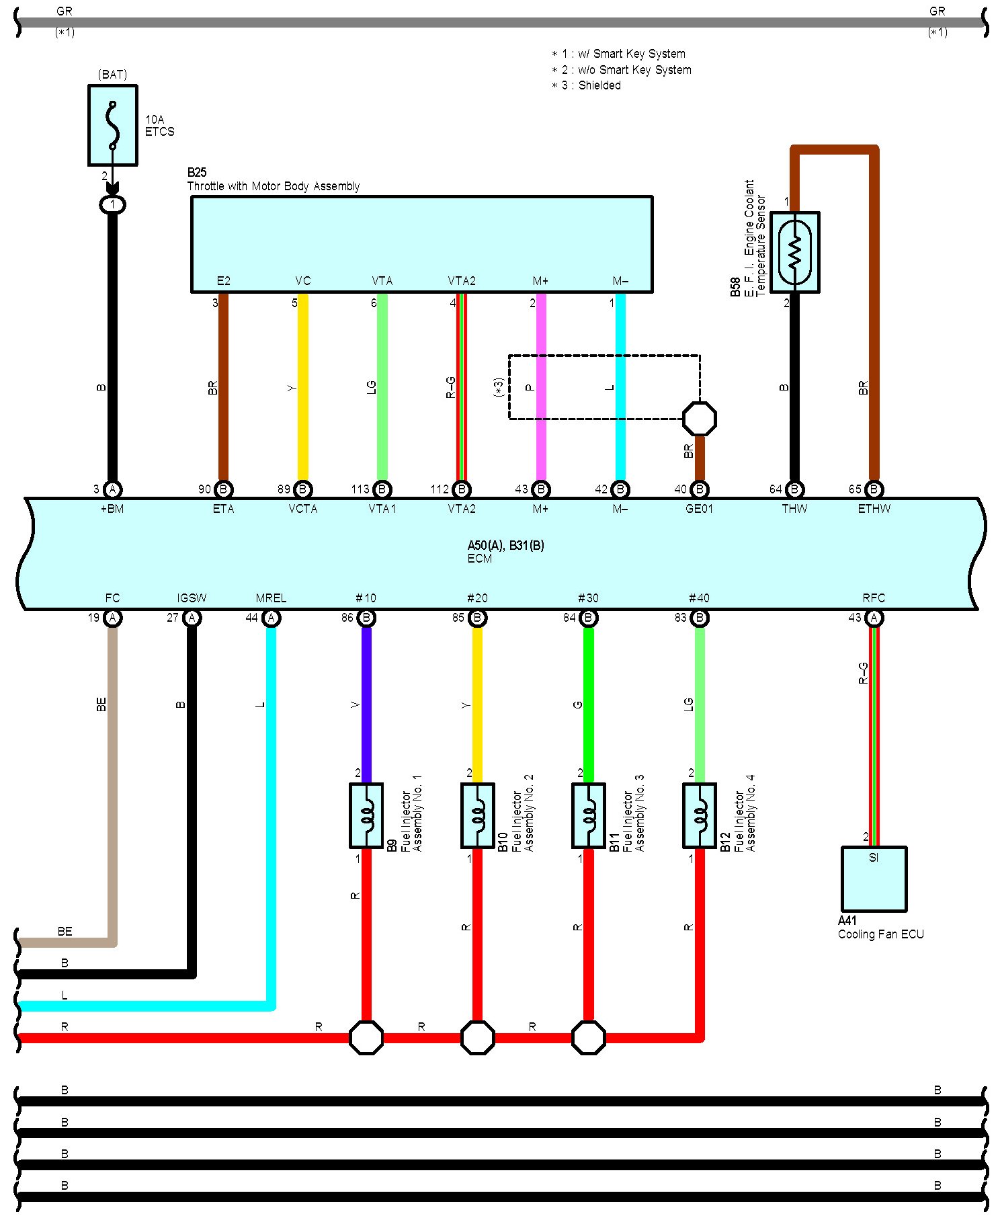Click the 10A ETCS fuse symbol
[113, 125]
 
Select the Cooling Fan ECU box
[874, 879]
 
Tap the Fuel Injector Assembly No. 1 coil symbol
[366, 815]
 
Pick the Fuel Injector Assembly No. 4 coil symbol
[699, 815]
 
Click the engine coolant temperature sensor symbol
[794, 252]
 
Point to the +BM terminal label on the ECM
[112, 509]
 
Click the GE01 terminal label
[699, 509]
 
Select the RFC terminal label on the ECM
[874, 598]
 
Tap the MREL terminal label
[271, 598]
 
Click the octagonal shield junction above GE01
[699, 419]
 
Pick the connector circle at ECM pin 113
[382, 489]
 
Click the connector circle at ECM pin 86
[366, 618]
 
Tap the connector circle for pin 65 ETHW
[874, 489]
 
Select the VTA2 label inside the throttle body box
[462, 281]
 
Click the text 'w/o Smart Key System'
[635, 70]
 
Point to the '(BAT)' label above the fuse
[112, 74]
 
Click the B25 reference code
[197, 173]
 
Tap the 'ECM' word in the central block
[480, 559]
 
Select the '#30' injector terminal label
[588, 598]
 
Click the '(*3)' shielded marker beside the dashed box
[499, 388]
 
